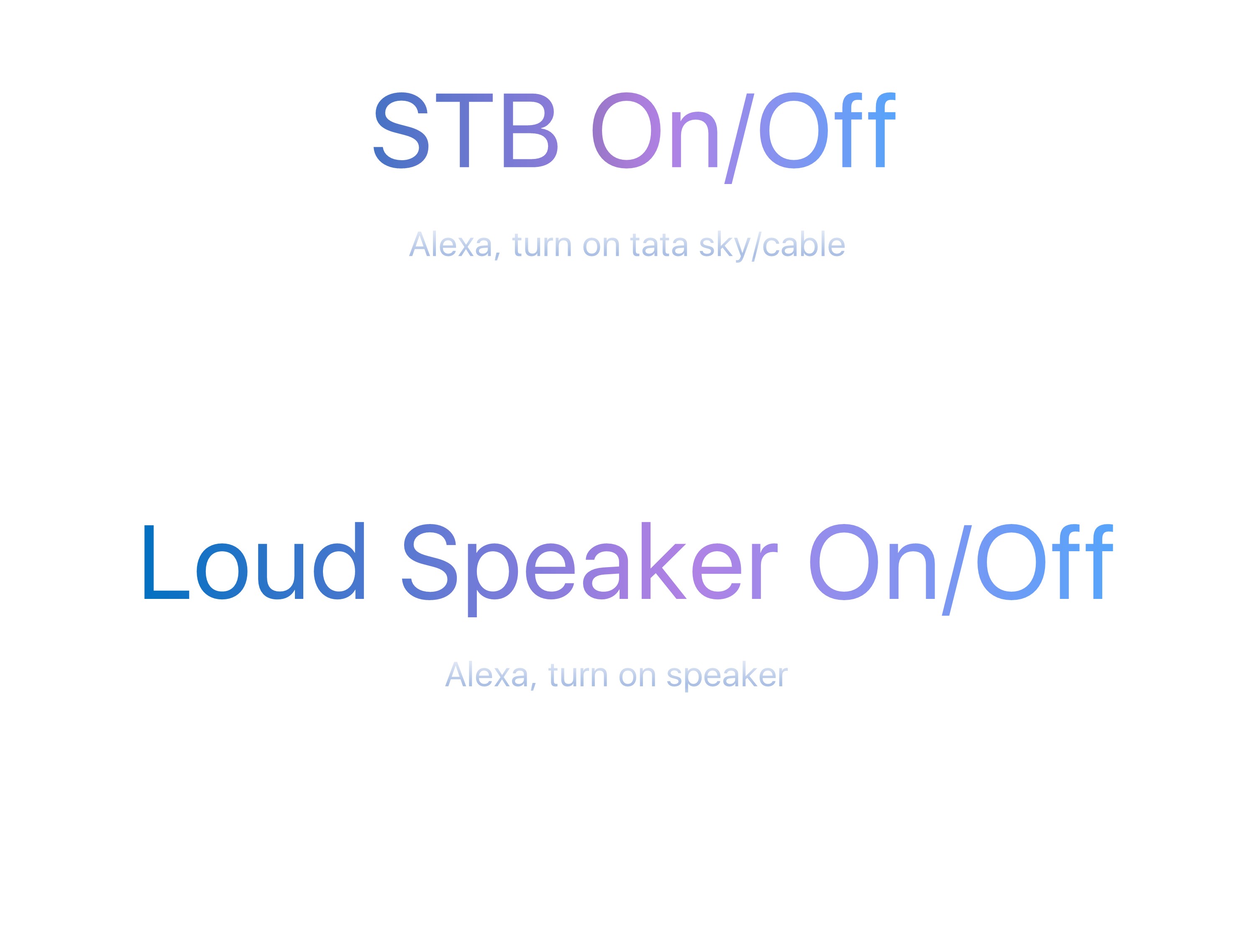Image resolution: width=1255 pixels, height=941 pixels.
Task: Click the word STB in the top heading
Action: point(466,130)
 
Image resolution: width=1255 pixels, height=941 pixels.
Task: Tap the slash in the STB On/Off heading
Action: point(739,138)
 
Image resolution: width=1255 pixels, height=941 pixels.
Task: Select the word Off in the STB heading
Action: point(827,130)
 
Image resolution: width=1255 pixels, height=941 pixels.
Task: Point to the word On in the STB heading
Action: point(655,130)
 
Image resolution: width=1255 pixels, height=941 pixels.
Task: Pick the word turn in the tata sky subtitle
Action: point(541,245)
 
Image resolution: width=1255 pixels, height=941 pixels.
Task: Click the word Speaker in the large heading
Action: point(589,569)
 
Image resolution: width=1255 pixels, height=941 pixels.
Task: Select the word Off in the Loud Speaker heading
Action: point(1044,562)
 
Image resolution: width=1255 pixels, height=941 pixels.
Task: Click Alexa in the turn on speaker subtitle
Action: point(487,675)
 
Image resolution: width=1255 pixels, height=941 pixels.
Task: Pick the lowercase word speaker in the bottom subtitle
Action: point(727,677)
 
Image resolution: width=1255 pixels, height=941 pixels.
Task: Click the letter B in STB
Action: point(531,130)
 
